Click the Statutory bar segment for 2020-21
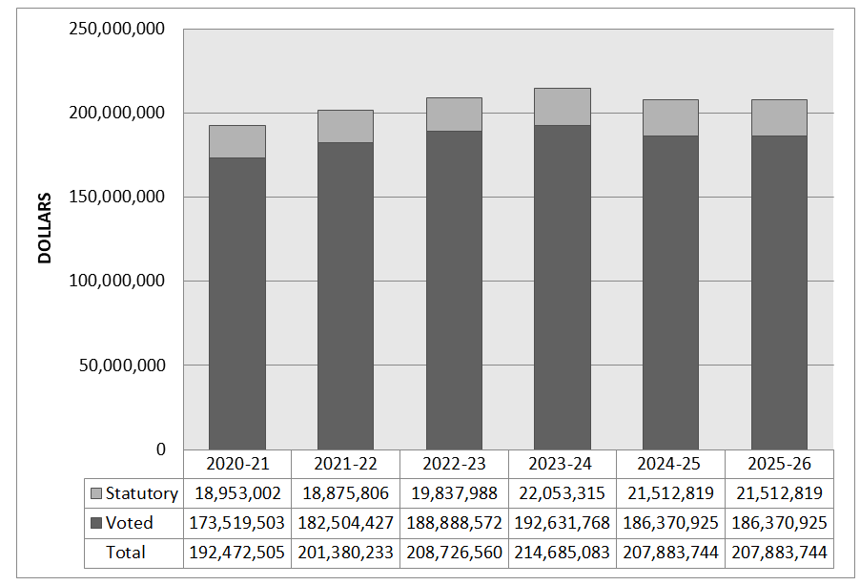237,141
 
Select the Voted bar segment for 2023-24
562,286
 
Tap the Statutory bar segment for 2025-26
779,117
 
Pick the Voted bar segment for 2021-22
345,296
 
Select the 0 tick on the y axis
160,449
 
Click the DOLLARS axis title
45,228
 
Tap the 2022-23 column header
454,464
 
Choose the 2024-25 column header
670,464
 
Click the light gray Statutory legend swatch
96,493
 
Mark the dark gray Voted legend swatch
96,523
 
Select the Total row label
126,553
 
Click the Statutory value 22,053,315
563,493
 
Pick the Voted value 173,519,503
237,523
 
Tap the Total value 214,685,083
563,553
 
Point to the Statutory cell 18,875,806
345,493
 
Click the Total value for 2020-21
237,553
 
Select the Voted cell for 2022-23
454,523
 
